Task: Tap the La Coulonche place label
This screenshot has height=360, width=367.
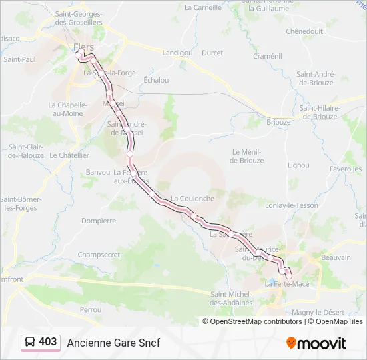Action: (192, 198)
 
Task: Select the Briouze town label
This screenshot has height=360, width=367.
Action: (278, 122)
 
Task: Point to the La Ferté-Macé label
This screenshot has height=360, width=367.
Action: (287, 284)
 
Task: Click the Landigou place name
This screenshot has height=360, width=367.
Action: (177, 52)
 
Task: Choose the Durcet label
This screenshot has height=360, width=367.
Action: (212, 53)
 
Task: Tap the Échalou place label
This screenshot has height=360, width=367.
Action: (156, 80)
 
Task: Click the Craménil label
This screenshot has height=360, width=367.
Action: (268, 57)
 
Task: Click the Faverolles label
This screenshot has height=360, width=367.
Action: (345, 169)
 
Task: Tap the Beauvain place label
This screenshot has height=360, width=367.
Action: (336, 257)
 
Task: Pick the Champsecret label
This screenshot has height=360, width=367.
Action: (99, 255)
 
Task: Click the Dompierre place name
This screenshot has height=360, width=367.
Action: (98, 221)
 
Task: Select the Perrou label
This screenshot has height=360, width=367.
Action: (90, 309)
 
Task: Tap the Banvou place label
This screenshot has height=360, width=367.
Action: (98, 172)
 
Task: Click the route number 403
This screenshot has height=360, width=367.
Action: (47, 342)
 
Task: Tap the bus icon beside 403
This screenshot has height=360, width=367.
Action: (30, 343)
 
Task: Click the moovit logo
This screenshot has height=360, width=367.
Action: (316, 343)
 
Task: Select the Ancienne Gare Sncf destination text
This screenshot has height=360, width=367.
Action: (113, 343)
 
